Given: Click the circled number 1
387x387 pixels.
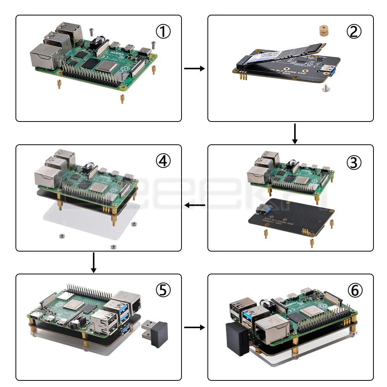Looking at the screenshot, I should (x=163, y=32).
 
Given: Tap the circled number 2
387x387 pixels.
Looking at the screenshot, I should (x=354, y=32).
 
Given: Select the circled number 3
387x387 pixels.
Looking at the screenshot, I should (x=354, y=162).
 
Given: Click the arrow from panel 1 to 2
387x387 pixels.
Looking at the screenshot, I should (x=194, y=68).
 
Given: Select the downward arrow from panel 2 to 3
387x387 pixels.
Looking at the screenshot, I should (x=295, y=134).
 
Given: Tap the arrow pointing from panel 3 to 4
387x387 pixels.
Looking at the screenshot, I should (x=195, y=205).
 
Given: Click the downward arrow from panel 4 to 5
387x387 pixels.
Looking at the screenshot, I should (x=93, y=263).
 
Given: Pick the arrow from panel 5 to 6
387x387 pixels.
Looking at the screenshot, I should (x=194, y=328).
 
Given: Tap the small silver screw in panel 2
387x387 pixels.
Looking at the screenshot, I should (x=325, y=89).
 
